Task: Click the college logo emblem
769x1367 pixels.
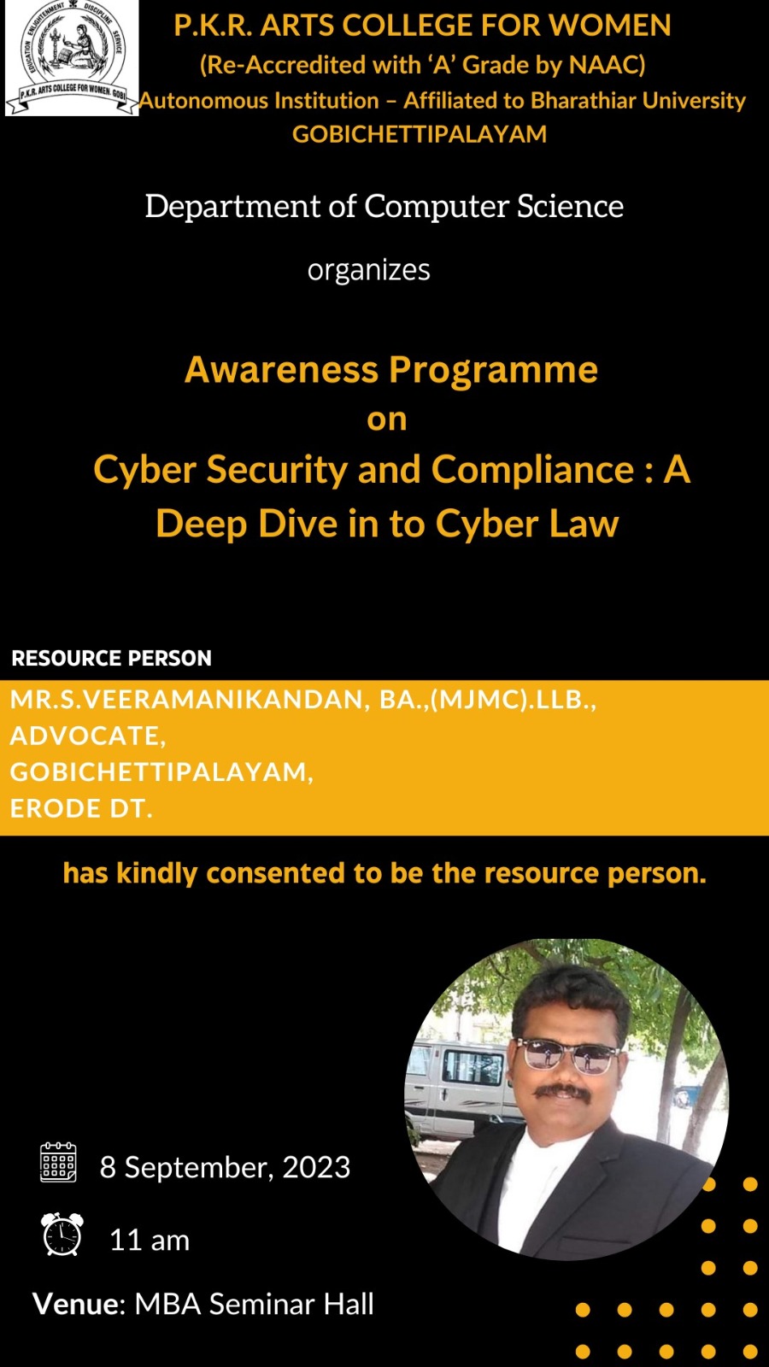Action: click(x=72, y=57)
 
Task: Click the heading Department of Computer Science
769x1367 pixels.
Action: click(x=384, y=207)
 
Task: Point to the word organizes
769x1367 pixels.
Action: click(x=368, y=270)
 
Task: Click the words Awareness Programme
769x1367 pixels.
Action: click(x=391, y=370)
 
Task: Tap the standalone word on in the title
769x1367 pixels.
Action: click(x=387, y=419)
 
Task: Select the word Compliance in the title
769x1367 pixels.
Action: click(x=532, y=470)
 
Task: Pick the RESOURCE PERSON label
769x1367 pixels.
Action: click(x=111, y=659)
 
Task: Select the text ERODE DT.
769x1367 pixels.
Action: click(x=81, y=808)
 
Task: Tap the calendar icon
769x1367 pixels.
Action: click(x=58, y=1162)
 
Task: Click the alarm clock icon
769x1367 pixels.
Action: click(x=62, y=1235)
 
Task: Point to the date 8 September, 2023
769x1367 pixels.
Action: click(x=225, y=1168)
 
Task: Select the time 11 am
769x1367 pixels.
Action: click(x=150, y=1241)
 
